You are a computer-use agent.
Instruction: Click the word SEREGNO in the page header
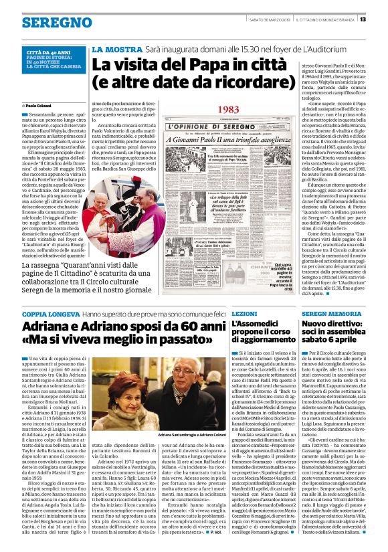[x=41, y=21]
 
